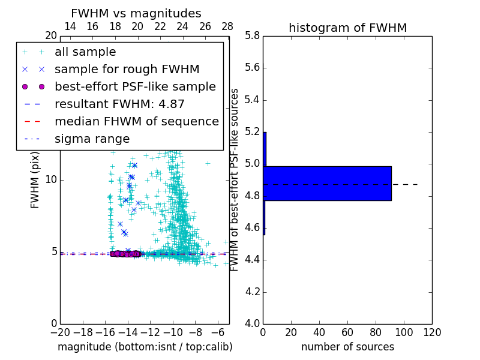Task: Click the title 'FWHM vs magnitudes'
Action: pos(136,13)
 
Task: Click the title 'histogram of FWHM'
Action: pos(347,28)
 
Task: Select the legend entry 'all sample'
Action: pos(85,52)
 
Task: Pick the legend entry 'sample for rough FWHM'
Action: pos(127,70)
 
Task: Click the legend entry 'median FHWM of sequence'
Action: pos(136,121)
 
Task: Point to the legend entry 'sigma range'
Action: pos(92,139)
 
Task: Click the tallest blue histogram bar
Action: pos(328,183)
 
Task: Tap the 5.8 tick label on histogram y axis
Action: pos(251,36)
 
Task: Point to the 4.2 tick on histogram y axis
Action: pos(251,292)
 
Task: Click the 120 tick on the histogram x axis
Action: pos(431,332)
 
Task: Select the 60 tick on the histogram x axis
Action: pos(347,332)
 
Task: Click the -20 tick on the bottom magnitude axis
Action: pos(60,332)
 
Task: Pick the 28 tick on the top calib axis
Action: pos(227,26)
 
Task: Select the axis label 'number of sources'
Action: pos(347,347)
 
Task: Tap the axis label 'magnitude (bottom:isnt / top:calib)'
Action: pos(145,347)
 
